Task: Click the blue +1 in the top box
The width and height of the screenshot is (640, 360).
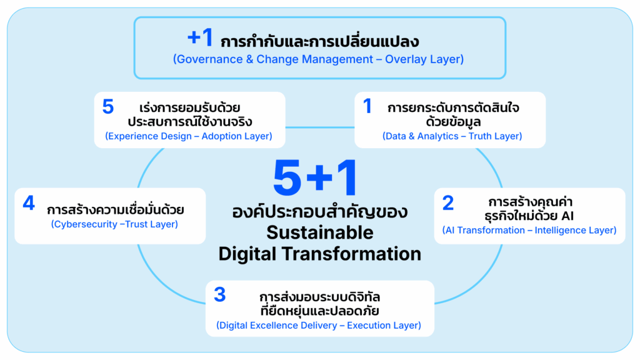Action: [200, 37]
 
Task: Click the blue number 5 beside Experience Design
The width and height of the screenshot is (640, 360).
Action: [107, 107]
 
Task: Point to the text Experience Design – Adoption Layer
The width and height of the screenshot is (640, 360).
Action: [189, 136]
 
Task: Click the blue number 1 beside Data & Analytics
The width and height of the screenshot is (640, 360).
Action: [367, 106]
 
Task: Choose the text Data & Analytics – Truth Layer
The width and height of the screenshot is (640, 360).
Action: [452, 136]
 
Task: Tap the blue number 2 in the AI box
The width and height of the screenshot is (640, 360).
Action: [448, 203]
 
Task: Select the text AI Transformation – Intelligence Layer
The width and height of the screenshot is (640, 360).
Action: [529, 230]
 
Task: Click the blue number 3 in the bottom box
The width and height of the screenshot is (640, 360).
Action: [219, 295]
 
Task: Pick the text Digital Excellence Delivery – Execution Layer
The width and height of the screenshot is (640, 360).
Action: [319, 325]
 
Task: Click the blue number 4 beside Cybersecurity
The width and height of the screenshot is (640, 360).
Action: [29, 203]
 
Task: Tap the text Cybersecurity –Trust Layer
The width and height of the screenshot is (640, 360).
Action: [114, 224]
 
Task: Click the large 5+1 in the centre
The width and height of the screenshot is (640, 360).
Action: [316, 178]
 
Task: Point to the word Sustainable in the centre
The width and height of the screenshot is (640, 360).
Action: [320, 233]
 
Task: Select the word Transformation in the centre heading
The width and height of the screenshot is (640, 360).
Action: [351, 254]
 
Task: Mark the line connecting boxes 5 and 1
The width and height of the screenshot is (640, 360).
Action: [319, 127]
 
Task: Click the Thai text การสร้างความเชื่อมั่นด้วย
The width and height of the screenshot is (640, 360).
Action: [116, 210]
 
